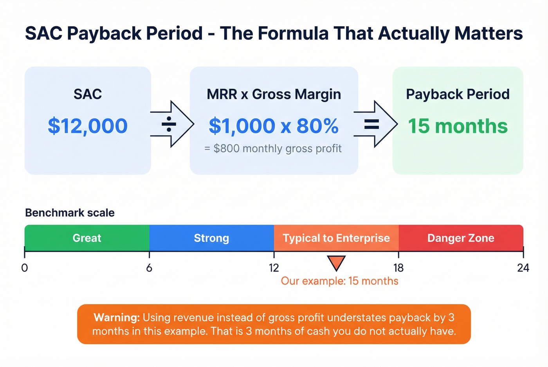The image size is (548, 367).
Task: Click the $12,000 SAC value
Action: point(88,126)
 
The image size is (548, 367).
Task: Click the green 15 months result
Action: point(458,126)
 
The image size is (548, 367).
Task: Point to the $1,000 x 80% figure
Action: point(274,126)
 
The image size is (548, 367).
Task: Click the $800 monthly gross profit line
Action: point(273,149)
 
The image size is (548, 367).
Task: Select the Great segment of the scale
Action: point(87,238)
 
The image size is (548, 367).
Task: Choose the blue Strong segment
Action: point(211,238)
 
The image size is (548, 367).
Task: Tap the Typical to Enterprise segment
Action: point(336,238)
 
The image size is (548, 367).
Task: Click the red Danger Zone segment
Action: point(461,238)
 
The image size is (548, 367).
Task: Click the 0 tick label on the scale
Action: point(25,268)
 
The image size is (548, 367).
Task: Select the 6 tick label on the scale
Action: point(149,268)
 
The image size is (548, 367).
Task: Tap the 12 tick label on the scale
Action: point(274,268)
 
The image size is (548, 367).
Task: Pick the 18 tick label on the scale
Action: point(398,268)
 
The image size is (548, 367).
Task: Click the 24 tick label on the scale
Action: point(523,268)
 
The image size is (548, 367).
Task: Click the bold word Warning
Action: point(117,317)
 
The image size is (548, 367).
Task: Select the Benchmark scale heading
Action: point(70,213)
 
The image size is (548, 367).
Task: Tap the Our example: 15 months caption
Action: point(339,281)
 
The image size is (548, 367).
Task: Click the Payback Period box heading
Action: point(458,94)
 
